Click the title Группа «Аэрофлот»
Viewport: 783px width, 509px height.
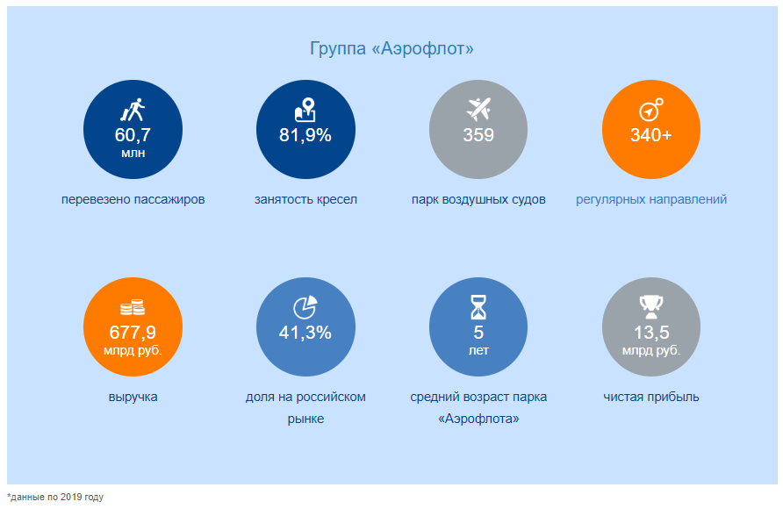click(x=391, y=49)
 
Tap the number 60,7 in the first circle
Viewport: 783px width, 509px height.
click(x=133, y=135)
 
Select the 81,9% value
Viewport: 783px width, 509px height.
click(x=305, y=135)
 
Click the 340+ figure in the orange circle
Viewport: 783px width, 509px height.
click(x=651, y=135)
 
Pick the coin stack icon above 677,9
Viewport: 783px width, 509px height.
click(x=133, y=308)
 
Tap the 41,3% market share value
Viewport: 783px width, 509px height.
click(x=305, y=333)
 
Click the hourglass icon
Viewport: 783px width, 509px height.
click(x=478, y=307)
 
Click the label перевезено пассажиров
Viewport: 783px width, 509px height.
click(x=133, y=199)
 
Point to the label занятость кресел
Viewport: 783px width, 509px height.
click(x=305, y=199)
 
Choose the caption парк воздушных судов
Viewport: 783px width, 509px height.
click(x=478, y=199)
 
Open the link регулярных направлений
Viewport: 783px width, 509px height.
click(x=651, y=199)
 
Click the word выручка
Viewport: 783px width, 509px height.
click(x=133, y=397)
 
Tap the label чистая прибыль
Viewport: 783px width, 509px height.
click(x=651, y=397)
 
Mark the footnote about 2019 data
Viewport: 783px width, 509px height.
click(x=55, y=498)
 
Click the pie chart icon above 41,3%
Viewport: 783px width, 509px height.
click(x=305, y=307)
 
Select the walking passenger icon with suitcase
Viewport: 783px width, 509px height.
click(x=133, y=111)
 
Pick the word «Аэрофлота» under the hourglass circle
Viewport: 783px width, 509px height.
click(x=478, y=419)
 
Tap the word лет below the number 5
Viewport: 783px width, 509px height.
click(x=478, y=350)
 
